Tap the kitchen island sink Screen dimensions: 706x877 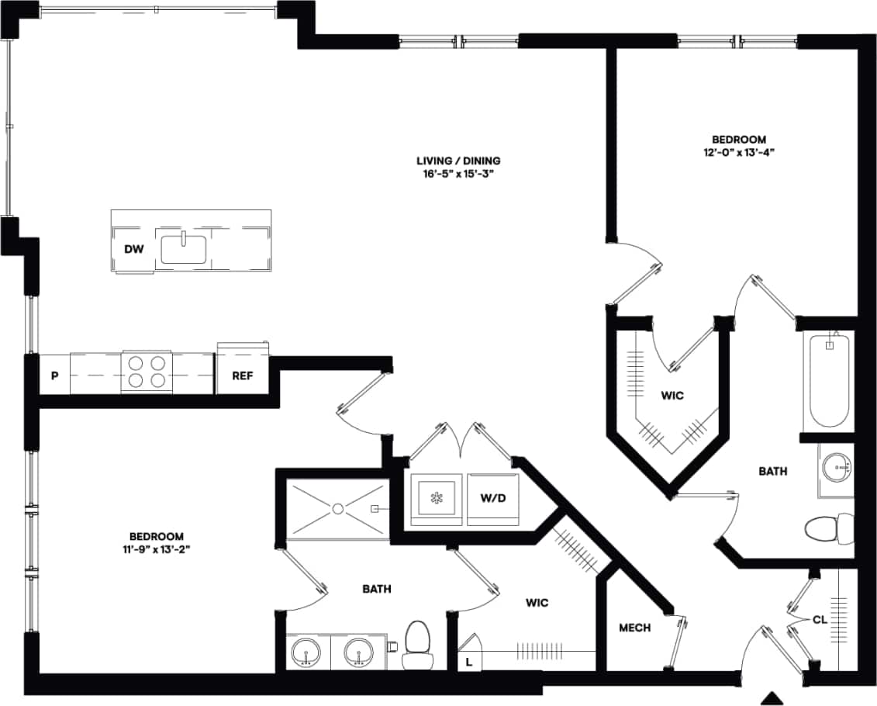tap(184, 250)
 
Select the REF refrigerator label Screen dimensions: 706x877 tap(243, 376)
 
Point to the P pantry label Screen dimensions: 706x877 tap(54, 376)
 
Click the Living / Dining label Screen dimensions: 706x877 tap(458, 161)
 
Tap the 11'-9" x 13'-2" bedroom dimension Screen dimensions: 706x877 tap(156, 549)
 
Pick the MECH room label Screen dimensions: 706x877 tap(635, 628)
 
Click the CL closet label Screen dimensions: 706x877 tap(819, 620)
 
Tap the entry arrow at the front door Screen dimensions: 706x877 tap(772, 696)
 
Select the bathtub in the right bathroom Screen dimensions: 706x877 tap(829, 380)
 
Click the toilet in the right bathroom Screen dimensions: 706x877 tap(825, 529)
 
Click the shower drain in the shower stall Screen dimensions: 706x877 tap(338, 508)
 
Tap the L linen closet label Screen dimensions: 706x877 tap(469, 661)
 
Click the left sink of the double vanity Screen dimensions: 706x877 tap(307, 650)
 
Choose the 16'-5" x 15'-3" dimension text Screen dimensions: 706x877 tap(458, 175)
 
